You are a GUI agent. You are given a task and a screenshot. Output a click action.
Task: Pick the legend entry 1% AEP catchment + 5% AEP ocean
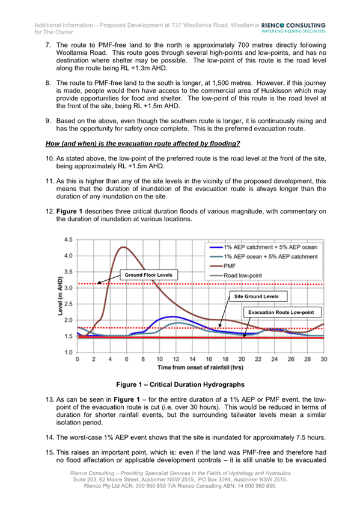pos(270,247)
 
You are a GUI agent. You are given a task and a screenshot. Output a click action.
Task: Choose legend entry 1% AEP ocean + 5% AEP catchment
pos(270,256)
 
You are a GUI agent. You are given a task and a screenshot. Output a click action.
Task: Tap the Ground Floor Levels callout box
pos(148,275)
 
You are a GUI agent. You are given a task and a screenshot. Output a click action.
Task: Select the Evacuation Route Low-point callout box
pos(285,312)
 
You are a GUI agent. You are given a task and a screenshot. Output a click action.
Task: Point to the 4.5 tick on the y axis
pos(67,239)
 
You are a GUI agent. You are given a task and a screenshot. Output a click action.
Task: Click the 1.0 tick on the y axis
pos(67,352)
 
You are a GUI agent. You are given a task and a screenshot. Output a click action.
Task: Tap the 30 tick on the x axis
pos(323,359)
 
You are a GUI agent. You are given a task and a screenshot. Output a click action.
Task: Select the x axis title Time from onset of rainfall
pos(200,367)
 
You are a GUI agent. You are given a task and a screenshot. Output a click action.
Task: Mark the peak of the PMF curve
pos(124,247)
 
